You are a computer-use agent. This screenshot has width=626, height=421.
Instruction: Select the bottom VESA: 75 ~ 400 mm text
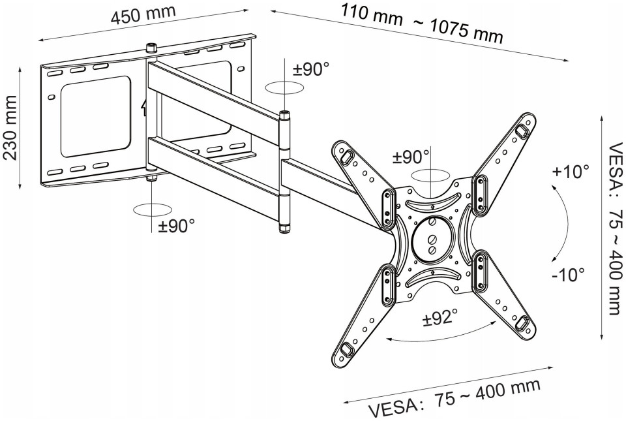tap(455, 398)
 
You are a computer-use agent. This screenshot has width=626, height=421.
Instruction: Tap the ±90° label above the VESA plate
tap(411, 157)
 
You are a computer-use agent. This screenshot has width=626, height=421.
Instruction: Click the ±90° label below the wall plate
tap(176, 226)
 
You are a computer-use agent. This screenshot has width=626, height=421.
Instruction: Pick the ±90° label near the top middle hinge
tap(311, 69)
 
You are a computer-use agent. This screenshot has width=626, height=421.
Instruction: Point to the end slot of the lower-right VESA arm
tap(522, 323)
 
